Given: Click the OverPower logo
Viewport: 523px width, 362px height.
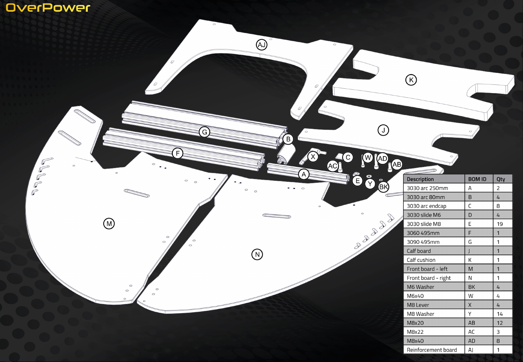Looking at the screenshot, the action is (x=48, y=8).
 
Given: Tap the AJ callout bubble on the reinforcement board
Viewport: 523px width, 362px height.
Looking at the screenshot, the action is (x=261, y=45).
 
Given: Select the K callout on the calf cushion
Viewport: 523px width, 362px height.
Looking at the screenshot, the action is (x=411, y=80).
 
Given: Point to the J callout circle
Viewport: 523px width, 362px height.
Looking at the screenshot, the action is (x=383, y=130).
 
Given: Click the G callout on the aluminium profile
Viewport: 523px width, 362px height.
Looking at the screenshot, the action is (x=204, y=132).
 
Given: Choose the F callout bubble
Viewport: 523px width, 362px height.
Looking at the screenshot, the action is (x=178, y=153).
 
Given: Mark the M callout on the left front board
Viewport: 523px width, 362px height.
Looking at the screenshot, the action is (x=109, y=224).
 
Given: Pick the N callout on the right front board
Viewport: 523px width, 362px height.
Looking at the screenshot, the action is (x=257, y=254).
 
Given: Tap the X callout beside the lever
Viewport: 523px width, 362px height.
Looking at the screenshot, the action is (x=313, y=157).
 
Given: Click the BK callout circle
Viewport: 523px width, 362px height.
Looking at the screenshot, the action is (x=383, y=187).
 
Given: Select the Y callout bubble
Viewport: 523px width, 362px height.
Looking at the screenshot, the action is (x=370, y=184).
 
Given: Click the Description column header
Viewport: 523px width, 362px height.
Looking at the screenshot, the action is (x=420, y=179).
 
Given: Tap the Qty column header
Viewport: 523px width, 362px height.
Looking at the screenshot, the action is (x=501, y=179).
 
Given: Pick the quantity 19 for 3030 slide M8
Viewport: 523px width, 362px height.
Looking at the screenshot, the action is (x=500, y=224).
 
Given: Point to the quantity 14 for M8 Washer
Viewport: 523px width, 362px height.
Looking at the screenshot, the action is (x=500, y=314).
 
